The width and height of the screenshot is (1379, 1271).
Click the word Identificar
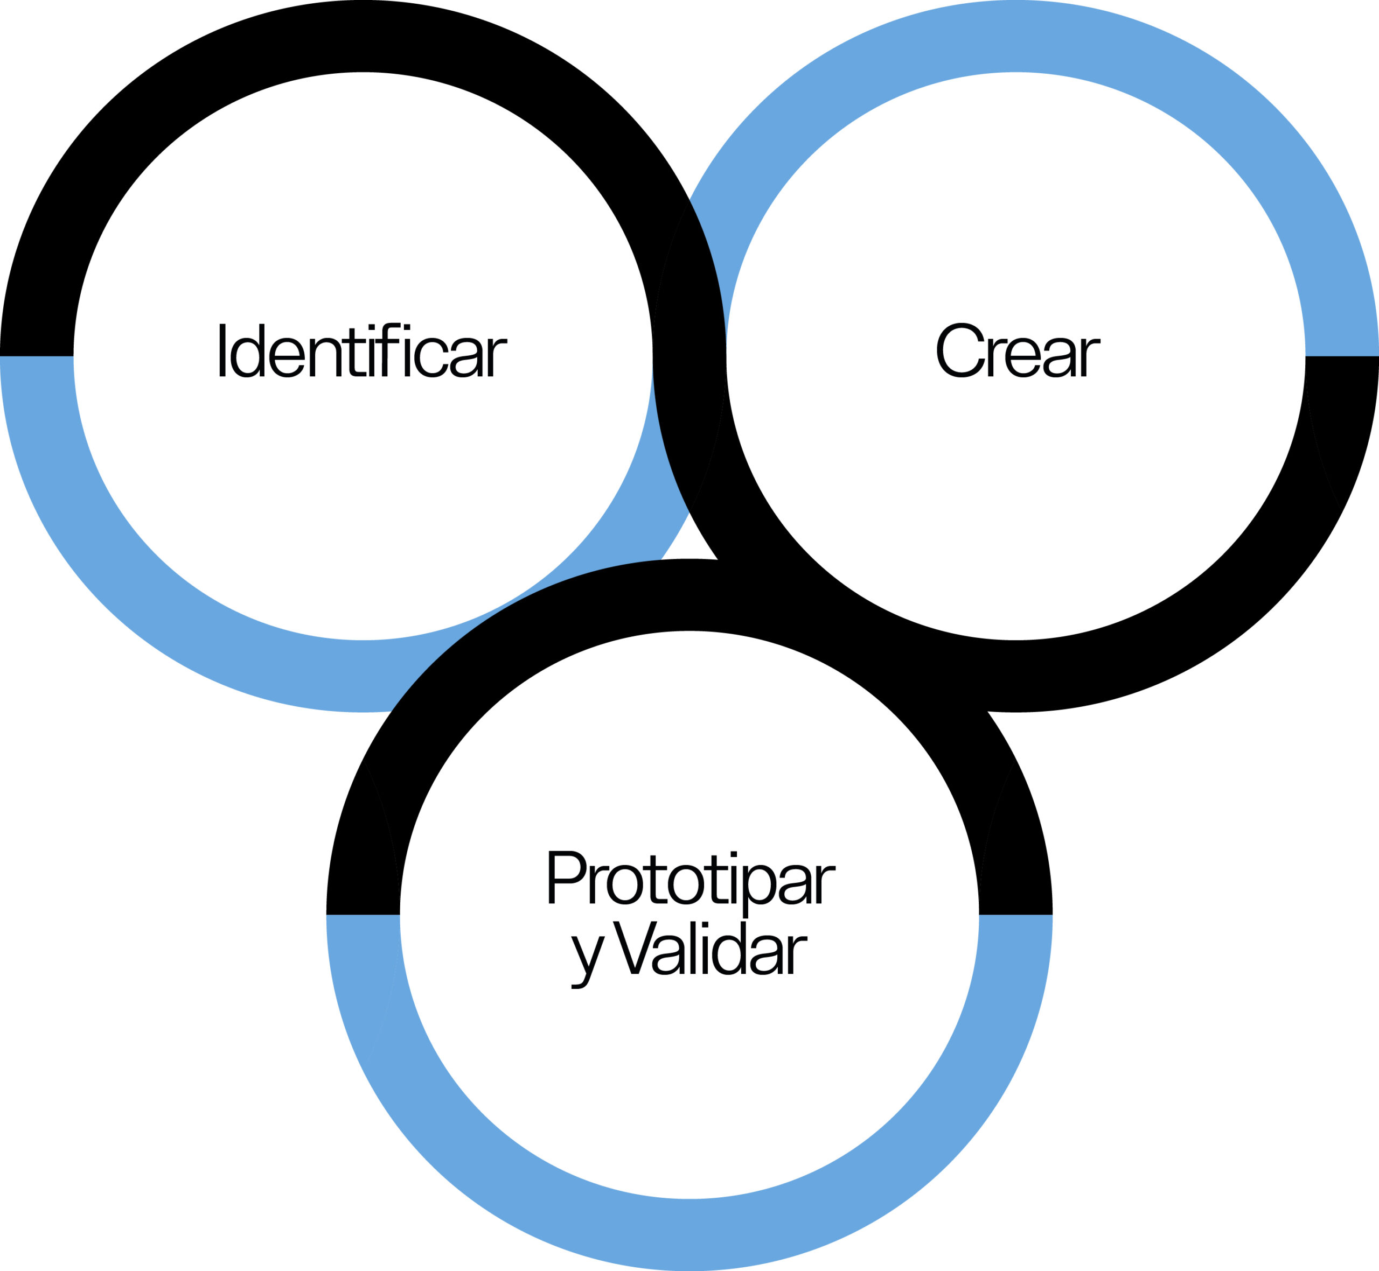pos(363,351)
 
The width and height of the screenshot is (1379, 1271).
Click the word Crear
pos(1019,351)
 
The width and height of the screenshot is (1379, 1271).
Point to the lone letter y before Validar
pos(588,959)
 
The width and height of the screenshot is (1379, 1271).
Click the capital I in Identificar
pos(222,350)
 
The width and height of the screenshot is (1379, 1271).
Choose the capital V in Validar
pos(635,948)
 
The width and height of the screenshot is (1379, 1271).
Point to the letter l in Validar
pos(693,948)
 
